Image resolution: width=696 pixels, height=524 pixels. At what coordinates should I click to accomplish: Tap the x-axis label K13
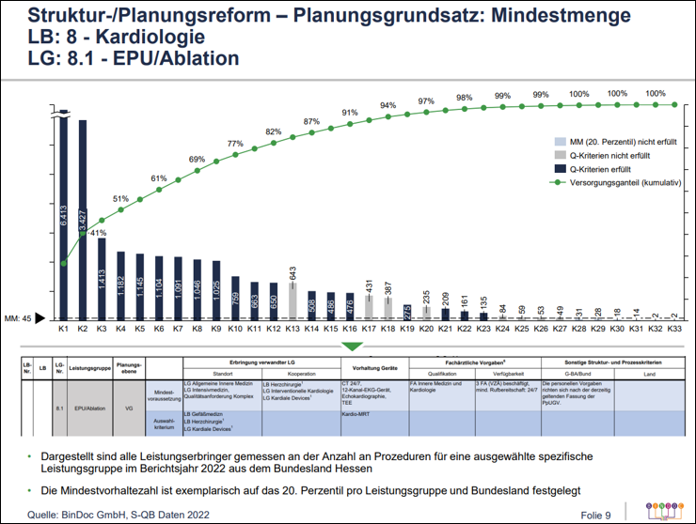coord(294,330)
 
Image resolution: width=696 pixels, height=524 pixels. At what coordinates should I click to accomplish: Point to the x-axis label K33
coord(674,330)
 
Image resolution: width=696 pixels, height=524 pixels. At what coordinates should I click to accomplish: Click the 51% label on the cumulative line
coord(121,199)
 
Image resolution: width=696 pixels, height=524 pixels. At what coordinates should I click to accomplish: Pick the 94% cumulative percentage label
coord(388,105)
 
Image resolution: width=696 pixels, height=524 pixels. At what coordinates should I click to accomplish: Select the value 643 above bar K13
coord(293,274)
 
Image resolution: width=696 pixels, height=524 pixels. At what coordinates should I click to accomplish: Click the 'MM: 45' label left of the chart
coord(20,319)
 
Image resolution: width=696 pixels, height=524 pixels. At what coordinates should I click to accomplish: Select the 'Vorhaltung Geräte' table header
coord(375,367)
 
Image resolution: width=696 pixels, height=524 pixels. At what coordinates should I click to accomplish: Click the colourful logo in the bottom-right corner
coord(664,510)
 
